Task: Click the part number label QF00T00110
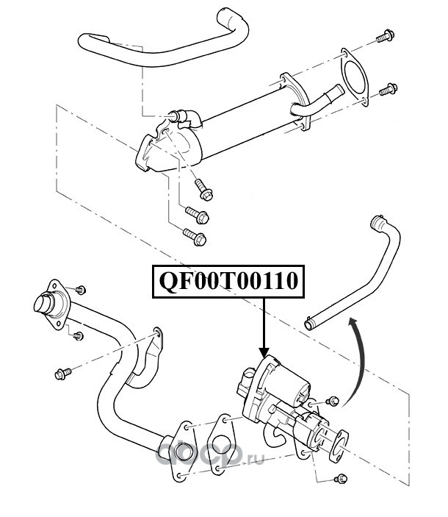[x=228, y=281]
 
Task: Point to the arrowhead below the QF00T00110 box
[x=264, y=352]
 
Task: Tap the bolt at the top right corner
[x=386, y=36]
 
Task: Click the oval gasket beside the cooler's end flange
[x=354, y=77]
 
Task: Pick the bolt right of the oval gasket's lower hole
[x=388, y=90]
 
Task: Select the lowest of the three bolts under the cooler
[x=195, y=237]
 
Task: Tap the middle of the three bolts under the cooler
[x=197, y=215]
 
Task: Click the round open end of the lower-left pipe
[x=43, y=304]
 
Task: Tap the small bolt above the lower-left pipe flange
[x=80, y=290]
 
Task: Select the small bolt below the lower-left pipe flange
[x=78, y=336]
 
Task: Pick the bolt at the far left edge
[x=62, y=374]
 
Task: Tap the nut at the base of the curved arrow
[x=333, y=401]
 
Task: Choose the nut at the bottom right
[x=341, y=478]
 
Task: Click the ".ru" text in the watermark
[x=254, y=458]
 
